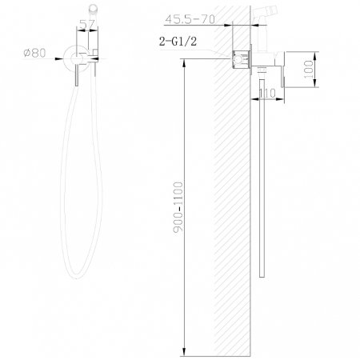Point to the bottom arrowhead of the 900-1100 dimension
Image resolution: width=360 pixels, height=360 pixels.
pyautogui.click(x=186, y=350)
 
